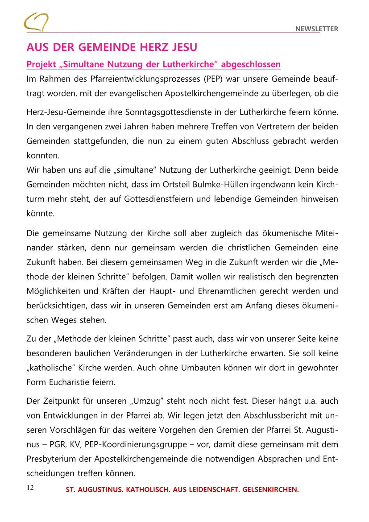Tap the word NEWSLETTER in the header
pyautogui.click(x=317, y=29)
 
